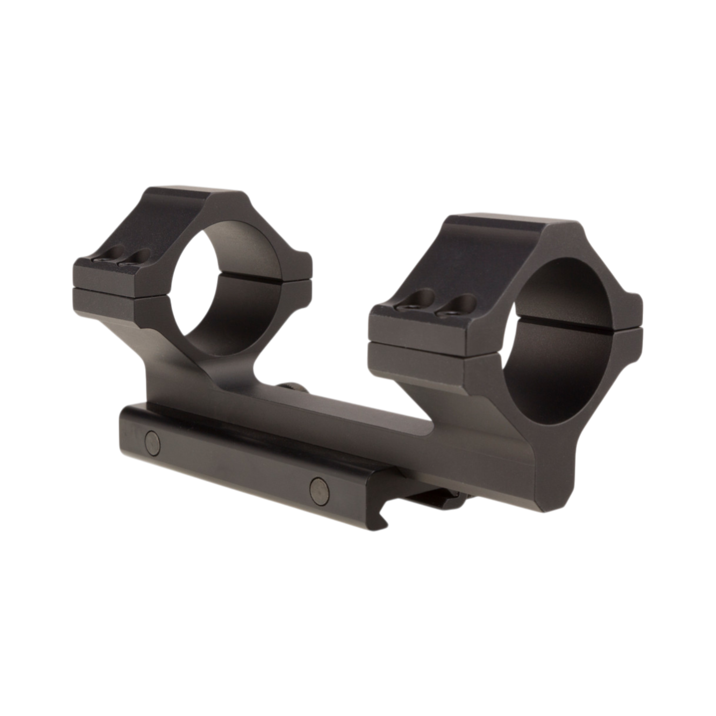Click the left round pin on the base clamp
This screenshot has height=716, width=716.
(153, 440)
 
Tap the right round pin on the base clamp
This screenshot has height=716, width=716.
(319, 486)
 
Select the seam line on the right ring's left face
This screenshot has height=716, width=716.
(415, 340)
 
